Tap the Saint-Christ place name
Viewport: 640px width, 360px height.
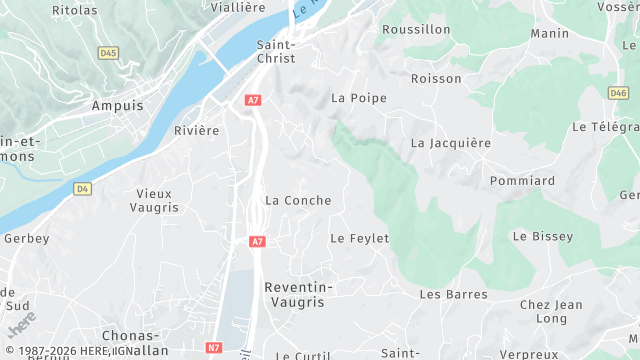pyautogui.click(x=276, y=51)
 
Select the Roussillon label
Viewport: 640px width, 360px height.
pyautogui.click(x=416, y=30)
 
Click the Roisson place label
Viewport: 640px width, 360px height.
pyautogui.click(x=436, y=78)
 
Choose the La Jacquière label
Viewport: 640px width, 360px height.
pyautogui.click(x=451, y=143)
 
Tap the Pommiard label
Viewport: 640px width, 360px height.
pyautogui.click(x=522, y=181)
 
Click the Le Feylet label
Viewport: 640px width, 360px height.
pyautogui.click(x=359, y=238)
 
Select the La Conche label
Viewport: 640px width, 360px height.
pyautogui.click(x=297, y=200)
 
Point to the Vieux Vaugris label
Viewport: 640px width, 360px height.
pyautogui.click(x=154, y=200)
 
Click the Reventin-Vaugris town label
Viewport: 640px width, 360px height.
pyautogui.click(x=298, y=294)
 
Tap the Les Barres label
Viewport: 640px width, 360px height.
pyautogui.click(x=453, y=294)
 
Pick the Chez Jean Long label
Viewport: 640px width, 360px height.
pyautogui.click(x=551, y=312)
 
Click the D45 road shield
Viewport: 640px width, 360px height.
pyautogui.click(x=108, y=53)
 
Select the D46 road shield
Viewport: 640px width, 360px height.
pyautogui.click(x=618, y=93)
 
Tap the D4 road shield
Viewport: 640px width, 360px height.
pyautogui.click(x=82, y=188)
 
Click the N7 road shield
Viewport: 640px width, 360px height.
pyautogui.click(x=214, y=347)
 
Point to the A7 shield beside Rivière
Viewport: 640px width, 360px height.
pyautogui.click(x=254, y=100)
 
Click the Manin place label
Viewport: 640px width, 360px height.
pyautogui.click(x=550, y=33)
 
